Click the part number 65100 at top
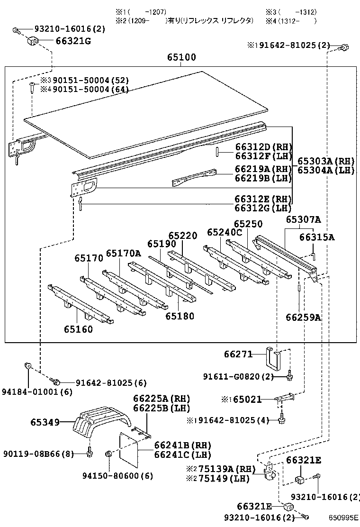(x=181, y=57)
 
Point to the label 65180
(x=180, y=316)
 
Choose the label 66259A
(x=303, y=317)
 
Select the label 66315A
(x=317, y=237)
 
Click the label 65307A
(x=303, y=219)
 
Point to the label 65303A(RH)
(x=326, y=161)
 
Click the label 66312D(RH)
(x=263, y=147)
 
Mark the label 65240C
(x=225, y=232)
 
